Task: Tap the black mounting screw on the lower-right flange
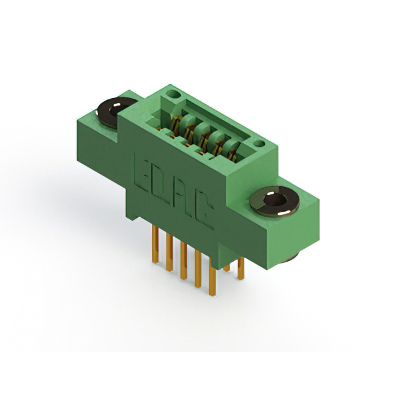click(275, 202)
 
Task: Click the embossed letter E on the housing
click(142, 175)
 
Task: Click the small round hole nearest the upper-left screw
click(173, 94)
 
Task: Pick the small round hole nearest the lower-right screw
click(259, 144)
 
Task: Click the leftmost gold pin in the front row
click(155, 244)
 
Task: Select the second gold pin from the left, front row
click(170, 252)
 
